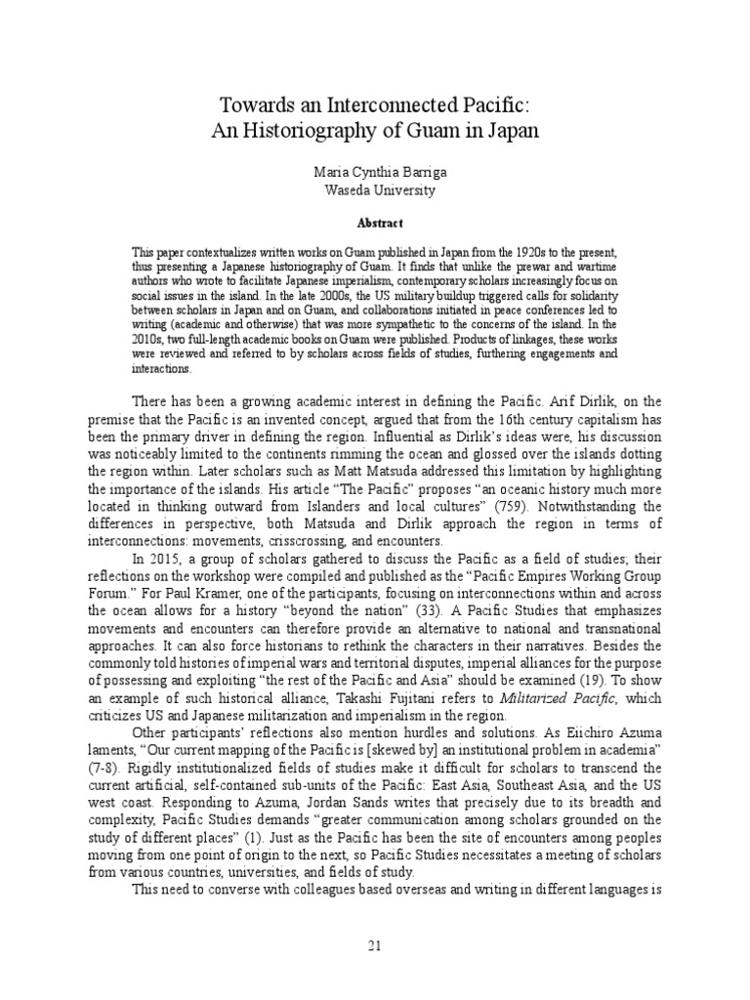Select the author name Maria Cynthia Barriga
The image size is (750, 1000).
pyautogui.click(x=374, y=171)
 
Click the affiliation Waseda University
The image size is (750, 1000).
pyautogui.click(x=374, y=190)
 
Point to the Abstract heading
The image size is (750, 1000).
pyautogui.click(x=374, y=223)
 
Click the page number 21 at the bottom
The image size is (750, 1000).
pyautogui.click(x=374, y=946)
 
